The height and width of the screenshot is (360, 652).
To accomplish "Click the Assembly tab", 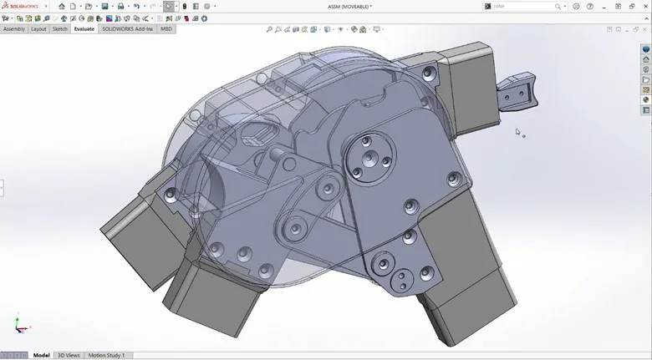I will click(x=14, y=29).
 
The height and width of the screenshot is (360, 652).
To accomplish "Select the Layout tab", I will click(x=38, y=29).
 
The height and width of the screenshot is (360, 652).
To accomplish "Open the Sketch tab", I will click(x=60, y=29).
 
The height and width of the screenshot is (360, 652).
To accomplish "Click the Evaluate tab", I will click(x=84, y=29).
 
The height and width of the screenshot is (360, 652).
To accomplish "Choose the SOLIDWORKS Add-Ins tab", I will click(x=128, y=29).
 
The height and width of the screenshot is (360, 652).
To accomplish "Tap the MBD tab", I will click(x=166, y=29).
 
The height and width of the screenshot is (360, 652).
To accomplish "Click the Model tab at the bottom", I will click(x=41, y=355).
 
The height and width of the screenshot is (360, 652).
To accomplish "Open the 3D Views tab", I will click(x=69, y=355).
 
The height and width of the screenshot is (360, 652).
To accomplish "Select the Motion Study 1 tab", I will click(x=107, y=355).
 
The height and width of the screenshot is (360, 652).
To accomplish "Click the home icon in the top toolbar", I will click(x=62, y=6).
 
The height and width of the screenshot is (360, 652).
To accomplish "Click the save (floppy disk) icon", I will click(x=104, y=6).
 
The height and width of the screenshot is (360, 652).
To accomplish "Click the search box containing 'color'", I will click(x=522, y=6).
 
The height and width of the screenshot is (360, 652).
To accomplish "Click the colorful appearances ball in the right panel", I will click(x=646, y=100).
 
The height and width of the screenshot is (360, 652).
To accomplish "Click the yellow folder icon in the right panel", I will click(x=646, y=80).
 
